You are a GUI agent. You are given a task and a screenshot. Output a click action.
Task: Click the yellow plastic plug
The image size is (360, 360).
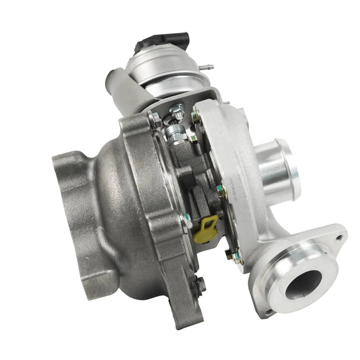[205, 229]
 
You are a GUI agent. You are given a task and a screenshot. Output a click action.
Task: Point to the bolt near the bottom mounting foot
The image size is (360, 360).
[200, 285]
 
